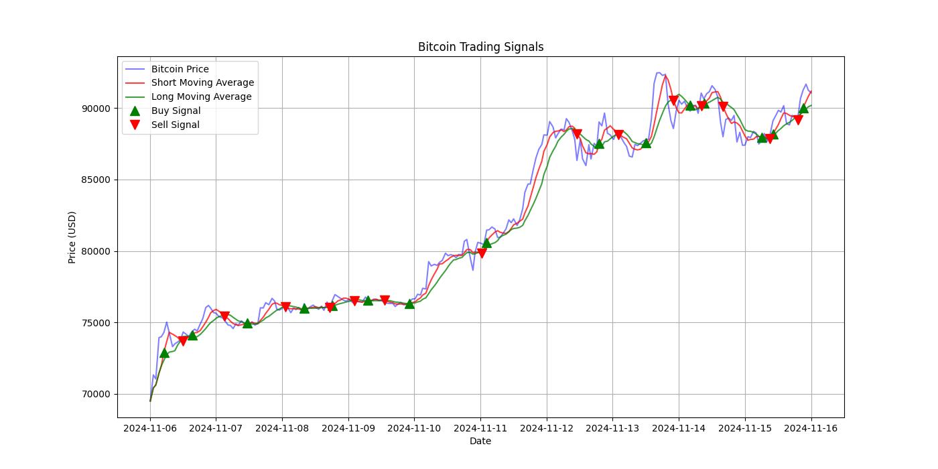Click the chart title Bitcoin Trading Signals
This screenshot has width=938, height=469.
click(x=480, y=47)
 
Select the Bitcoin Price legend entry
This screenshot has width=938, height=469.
click(x=180, y=69)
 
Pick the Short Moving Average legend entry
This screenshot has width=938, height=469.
click(x=202, y=83)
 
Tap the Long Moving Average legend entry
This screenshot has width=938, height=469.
click(x=201, y=96)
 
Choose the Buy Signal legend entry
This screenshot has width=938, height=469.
click(x=176, y=111)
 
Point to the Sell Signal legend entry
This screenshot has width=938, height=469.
click(x=175, y=125)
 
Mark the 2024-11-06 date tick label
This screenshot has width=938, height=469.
click(x=150, y=427)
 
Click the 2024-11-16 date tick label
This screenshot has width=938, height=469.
click(x=811, y=427)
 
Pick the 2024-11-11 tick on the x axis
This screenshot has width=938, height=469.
click(x=480, y=427)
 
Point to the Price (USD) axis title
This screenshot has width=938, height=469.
click(x=72, y=237)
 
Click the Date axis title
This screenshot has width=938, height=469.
click(x=480, y=441)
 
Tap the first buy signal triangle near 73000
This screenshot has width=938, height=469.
click(x=164, y=352)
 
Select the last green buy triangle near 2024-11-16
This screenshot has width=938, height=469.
click(x=803, y=108)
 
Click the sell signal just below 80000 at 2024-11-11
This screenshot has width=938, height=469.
click(x=481, y=253)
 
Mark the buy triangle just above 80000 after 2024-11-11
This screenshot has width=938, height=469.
click(x=486, y=243)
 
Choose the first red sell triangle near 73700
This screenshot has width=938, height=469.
click(x=183, y=341)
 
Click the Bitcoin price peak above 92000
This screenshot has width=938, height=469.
click(x=659, y=73)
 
